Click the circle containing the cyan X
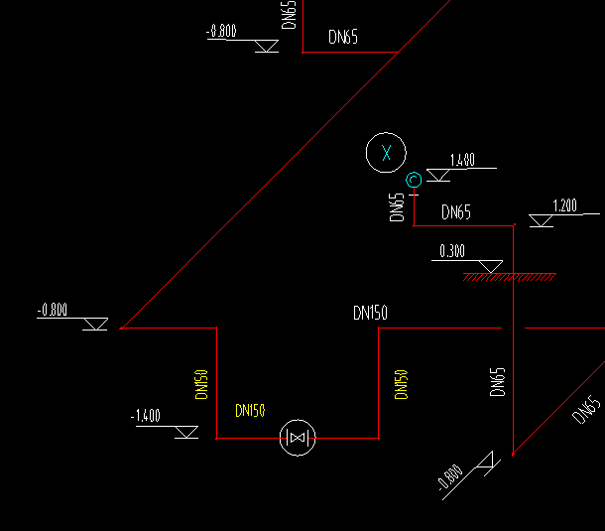386,153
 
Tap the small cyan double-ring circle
414,180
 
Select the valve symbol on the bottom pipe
298,437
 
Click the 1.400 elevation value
462,160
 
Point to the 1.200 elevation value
564,206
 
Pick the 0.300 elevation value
451,251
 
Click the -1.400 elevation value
146,416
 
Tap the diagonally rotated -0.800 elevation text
449,478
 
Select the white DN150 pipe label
370,314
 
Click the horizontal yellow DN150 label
250,410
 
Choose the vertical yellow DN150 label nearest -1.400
201,384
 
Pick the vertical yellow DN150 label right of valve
401,384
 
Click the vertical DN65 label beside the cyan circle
397,208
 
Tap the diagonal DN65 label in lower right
586,410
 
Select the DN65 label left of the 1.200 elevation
456,211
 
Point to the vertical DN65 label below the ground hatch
498,382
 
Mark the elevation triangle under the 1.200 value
541,220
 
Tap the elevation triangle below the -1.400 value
184,432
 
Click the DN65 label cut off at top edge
290,14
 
